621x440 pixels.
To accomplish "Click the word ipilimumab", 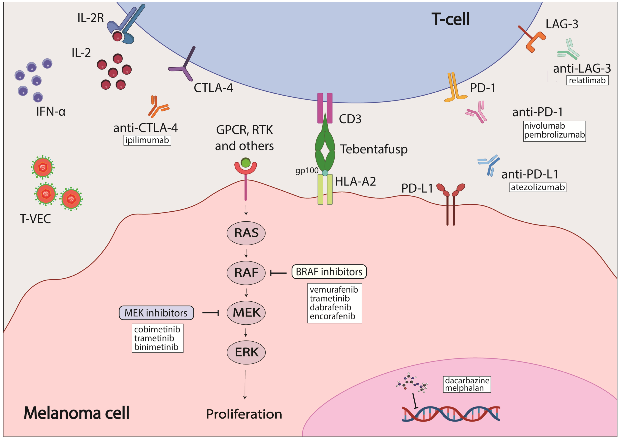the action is pos(147,140).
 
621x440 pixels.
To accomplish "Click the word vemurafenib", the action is pos(334,290).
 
